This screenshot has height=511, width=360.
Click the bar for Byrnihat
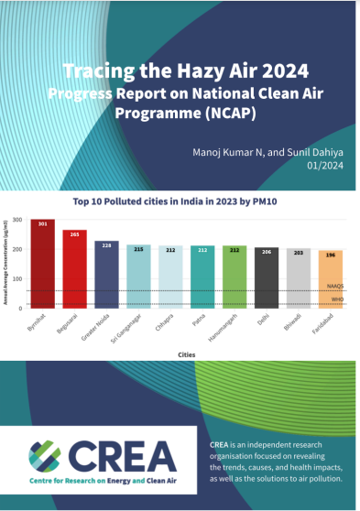pyautogui.click(x=42, y=266)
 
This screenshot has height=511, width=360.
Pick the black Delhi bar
pyautogui.click(x=267, y=278)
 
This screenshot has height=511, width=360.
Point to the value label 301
pyautogui.click(x=42, y=223)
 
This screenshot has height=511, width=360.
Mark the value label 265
pyautogui.click(x=74, y=234)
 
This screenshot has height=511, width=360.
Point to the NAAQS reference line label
pyautogui.click(x=337, y=287)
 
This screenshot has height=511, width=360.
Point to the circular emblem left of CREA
pyautogui.click(x=49, y=455)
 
